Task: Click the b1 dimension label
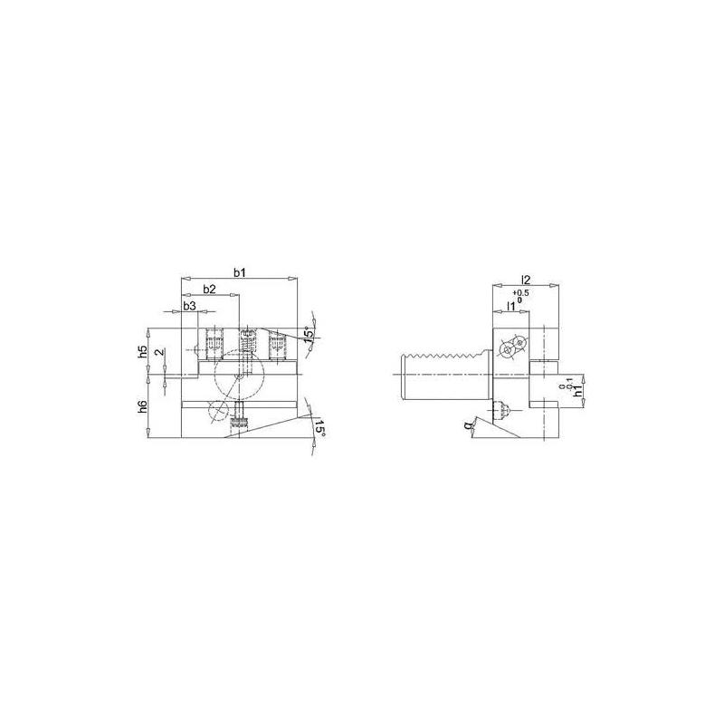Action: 240,271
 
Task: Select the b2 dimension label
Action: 208,290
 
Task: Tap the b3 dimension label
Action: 189,307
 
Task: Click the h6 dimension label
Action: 143,406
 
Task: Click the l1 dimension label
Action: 511,307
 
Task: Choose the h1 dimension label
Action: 576,395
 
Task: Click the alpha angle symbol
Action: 469,425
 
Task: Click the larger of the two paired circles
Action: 508,352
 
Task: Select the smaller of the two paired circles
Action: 519,344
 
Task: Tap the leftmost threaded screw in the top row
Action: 214,343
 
